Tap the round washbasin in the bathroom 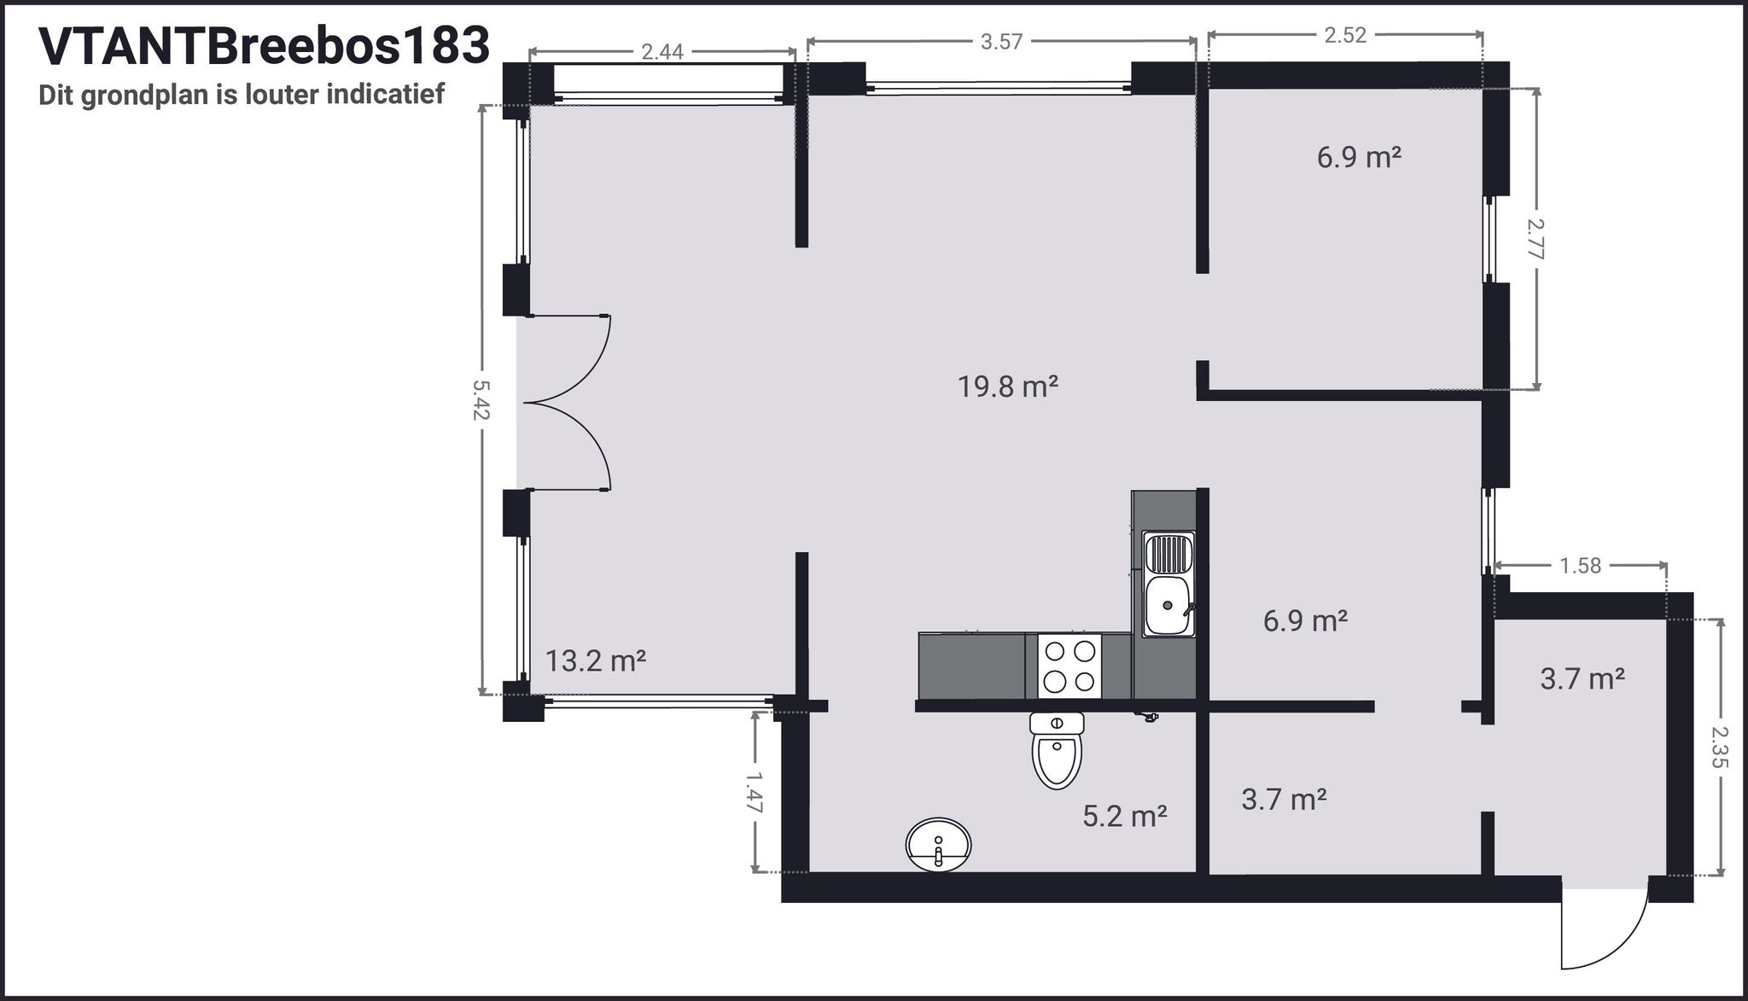(938, 845)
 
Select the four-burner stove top (1070, 666)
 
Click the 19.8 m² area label (1008, 387)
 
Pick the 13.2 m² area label (596, 661)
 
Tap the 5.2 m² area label (1125, 817)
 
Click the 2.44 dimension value (662, 52)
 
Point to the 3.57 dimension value (1001, 42)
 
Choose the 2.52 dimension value (1345, 35)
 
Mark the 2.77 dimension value (1536, 238)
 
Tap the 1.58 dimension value (1581, 566)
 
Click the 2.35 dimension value (1720, 747)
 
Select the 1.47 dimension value (755, 791)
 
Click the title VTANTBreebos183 (265, 46)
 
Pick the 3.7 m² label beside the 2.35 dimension (1582, 679)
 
